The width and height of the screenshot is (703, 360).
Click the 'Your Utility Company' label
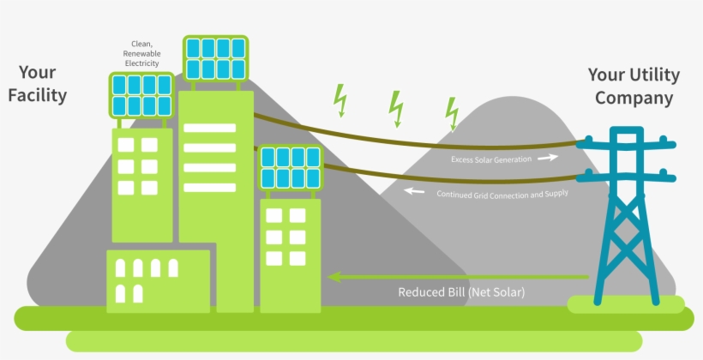(634, 87)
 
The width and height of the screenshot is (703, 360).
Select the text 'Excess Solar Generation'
(491, 159)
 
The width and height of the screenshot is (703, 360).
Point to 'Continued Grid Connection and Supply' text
(502, 194)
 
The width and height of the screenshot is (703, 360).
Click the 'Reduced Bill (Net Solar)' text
(461, 292)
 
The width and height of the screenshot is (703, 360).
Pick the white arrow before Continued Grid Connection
(415, 191)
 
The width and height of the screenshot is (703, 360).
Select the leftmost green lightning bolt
(340, 99)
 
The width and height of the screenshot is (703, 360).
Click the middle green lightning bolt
(395, 107)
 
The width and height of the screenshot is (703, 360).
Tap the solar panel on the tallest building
(215, 58)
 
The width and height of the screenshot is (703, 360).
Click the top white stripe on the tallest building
(209, 128)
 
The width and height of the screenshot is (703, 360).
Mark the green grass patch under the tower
(626, 303)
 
